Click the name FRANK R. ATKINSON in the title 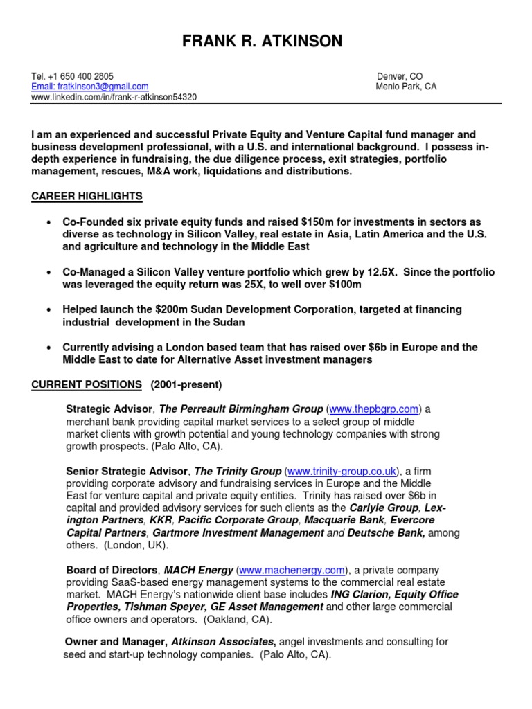262,42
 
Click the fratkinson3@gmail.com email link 90,87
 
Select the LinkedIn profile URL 114,97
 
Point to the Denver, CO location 400,76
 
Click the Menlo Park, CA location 406,87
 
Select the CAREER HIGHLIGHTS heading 87,197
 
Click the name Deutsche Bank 386,533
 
